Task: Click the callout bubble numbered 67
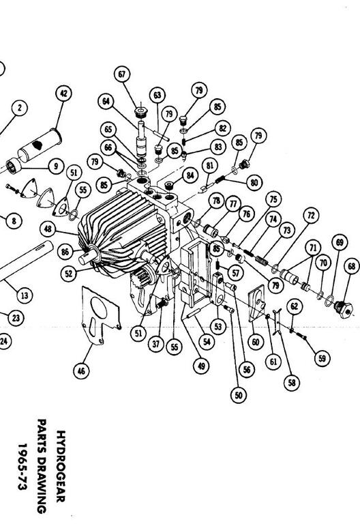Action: (122, 74)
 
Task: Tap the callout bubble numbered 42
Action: (63, 93)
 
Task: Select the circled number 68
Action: (352, 266)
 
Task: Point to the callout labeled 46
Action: (81, 370)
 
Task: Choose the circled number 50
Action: (239, 395)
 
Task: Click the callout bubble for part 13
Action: (25, 295)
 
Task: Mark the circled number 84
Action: (190, 175)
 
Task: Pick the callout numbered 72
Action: (311, 215)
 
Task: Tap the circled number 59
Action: (322, 358)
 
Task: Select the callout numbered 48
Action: (48, 229)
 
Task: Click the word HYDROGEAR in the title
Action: (61, 466)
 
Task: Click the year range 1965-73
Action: (22, 466)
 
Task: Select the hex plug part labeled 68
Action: (343, 309)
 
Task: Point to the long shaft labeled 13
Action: (25, 261)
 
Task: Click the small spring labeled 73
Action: (262, 260)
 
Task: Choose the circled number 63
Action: (157, 96)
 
